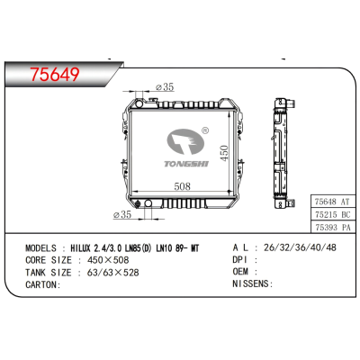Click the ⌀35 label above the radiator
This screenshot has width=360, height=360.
[x=164, y=87]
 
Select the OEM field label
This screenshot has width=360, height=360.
[x=216, y=271]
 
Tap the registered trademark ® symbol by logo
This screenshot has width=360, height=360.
[x=206, y=132]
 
